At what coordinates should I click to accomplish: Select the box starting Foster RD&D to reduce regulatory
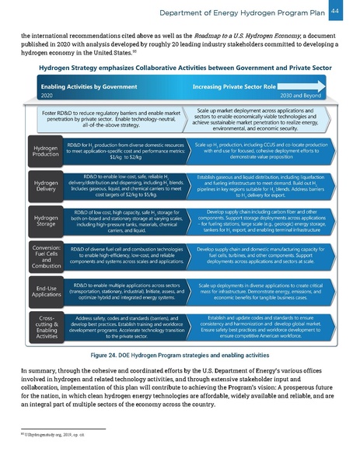tap(108, 118)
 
